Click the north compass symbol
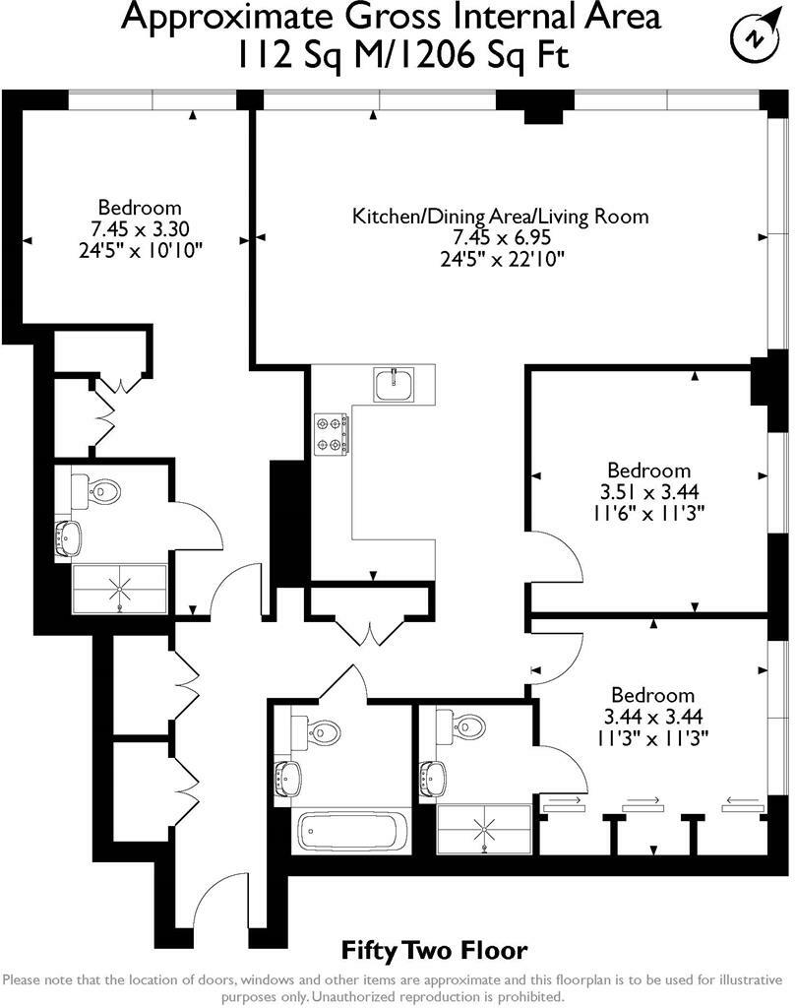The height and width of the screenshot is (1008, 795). pos(753,37)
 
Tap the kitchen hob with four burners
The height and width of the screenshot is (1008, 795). pos(333,432)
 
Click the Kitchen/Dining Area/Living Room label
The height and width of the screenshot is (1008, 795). pos(501,216)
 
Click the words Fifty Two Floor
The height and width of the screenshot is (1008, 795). pos(434,951)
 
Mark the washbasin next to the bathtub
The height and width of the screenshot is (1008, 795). pos(286,777)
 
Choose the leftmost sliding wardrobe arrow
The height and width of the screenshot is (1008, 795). pos(562,802)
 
